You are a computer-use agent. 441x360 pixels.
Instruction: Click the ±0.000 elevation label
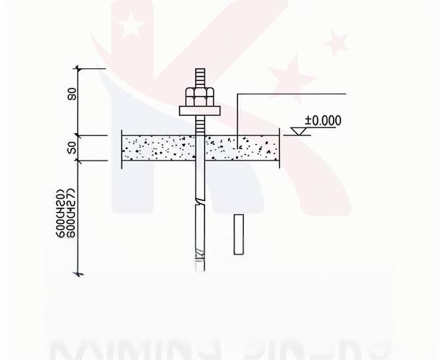(323, 120)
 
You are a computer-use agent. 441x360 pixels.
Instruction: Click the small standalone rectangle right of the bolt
(239, 234)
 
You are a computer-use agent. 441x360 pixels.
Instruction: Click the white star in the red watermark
(131, 26)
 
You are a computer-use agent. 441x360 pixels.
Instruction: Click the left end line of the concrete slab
(122, 149)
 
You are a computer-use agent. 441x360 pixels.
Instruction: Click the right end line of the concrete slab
(279, 149)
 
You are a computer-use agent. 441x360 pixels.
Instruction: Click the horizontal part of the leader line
(291, 93)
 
